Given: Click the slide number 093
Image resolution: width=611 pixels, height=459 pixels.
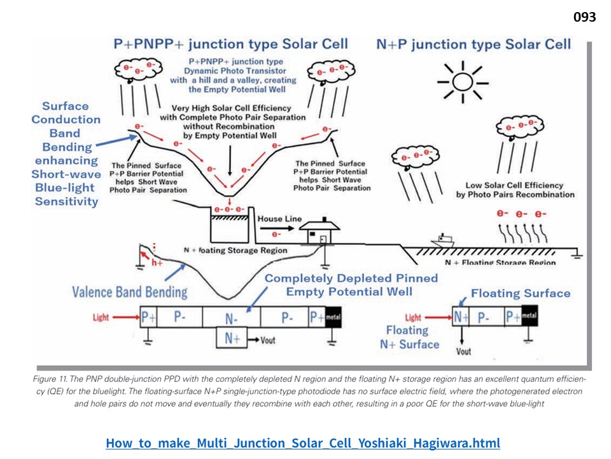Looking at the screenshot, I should pos(584,18).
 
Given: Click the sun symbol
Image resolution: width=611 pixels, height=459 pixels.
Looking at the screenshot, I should pos(463,82).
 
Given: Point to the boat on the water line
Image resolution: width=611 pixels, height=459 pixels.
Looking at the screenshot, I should pos(442,241).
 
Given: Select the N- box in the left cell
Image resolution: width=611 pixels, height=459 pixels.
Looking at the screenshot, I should pos(231,317).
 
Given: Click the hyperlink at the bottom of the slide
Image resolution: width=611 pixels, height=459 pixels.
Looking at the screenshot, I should pos(303,442).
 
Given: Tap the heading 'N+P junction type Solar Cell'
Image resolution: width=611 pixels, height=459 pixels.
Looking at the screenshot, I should pos(474,44).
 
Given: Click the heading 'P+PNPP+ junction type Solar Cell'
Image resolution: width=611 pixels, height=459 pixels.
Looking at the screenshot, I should pos(230,44).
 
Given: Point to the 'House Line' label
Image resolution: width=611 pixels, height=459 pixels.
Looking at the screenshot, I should pos(279,219).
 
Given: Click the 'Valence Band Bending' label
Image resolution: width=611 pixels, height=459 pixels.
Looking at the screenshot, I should pos(130,293).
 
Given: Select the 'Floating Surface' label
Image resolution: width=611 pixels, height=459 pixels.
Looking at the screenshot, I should pos(521,293).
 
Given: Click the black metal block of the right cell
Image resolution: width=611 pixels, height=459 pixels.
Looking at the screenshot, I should pos(530,316).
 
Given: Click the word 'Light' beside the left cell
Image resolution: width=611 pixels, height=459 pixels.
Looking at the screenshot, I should pos(101,317).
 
